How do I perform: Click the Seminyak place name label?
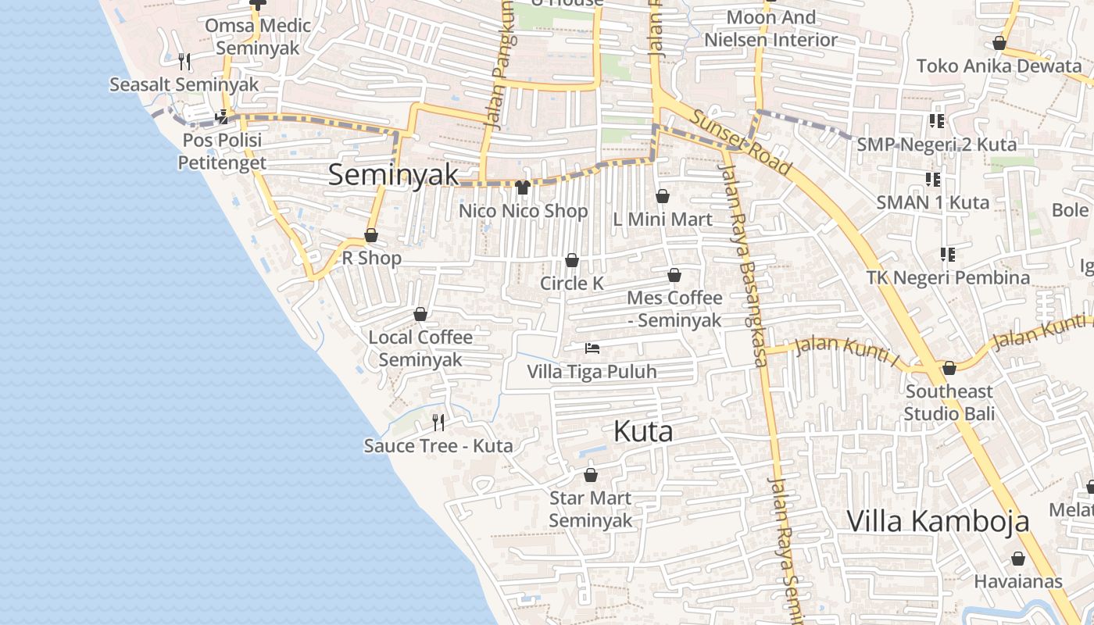(393, 174)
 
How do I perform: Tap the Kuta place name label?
(643, 431)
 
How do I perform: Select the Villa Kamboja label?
(938, 521)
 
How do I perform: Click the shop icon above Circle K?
(572, 260)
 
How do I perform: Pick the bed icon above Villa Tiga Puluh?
(592, 348)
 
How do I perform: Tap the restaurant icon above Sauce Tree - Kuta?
(438, 423)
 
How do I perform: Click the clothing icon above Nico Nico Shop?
(523, 187)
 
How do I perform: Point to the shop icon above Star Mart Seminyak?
(591, 475)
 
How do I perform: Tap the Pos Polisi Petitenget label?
(222, 152)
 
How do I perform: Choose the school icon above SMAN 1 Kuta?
(933, 180)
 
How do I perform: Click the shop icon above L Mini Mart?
(663, 196)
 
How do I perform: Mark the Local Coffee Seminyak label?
(420, 348)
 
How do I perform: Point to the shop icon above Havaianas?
(1017, 559)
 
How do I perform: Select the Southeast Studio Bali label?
(949, 402)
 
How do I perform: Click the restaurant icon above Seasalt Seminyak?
(184, 61)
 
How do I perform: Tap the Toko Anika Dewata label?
(999, 66)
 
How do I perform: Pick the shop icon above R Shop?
(371, 235)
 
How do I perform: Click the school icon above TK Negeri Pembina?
(948, 255)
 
